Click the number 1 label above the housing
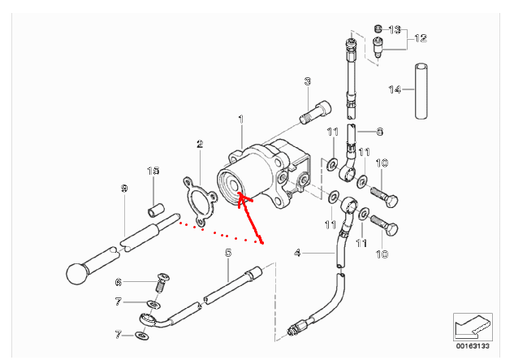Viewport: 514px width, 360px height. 240,119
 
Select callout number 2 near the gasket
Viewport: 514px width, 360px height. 199,145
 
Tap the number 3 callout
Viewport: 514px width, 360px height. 308,81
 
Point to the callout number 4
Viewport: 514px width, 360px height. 298,253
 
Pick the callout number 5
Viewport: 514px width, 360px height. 228,253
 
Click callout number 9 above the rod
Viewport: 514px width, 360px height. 124,189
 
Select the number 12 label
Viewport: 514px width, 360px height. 421,38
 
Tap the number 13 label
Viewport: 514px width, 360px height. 395,29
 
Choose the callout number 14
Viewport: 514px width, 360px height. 395,89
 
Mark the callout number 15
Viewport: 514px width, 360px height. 153,171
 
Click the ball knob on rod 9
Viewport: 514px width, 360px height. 76,272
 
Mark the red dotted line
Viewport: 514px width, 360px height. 219,232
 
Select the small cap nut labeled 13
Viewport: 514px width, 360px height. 378,29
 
